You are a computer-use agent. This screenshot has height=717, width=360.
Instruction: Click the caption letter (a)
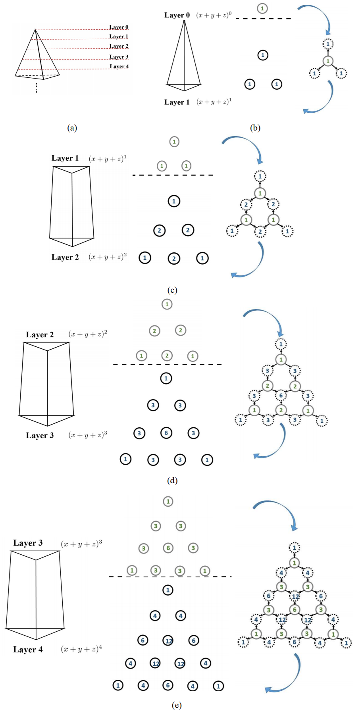(72, 128)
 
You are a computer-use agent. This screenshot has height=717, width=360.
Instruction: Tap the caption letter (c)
(172, 290)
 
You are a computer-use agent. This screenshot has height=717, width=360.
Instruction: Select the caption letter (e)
(177, 705)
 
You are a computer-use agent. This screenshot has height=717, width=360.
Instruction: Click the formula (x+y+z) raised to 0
(214, 15)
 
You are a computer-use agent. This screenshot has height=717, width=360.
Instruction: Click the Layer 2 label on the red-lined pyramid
(119, 46)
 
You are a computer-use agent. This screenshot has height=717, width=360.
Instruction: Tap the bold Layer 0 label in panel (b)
(177, 15)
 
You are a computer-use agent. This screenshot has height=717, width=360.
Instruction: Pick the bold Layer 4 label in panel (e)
(28, 650)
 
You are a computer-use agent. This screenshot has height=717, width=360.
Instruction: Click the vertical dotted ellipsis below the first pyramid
(37, 88)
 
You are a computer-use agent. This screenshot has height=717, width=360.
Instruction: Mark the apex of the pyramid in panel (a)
(35, 29)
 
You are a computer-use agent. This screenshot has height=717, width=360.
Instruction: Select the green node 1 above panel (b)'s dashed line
(262, 8)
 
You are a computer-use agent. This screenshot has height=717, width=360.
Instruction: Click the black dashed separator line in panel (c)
(173, 175)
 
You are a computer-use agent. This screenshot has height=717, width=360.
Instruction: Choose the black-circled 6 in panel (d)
(166, 433)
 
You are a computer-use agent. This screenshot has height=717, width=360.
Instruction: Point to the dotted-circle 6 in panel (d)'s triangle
(281, 396)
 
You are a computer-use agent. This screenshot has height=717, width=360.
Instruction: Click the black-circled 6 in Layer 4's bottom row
(168, 685)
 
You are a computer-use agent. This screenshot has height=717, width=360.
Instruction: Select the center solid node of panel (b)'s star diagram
(328, 61)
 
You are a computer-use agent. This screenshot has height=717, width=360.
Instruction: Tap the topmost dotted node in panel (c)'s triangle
(260, 176)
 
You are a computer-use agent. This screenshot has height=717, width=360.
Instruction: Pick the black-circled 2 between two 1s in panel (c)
(174, 258)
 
